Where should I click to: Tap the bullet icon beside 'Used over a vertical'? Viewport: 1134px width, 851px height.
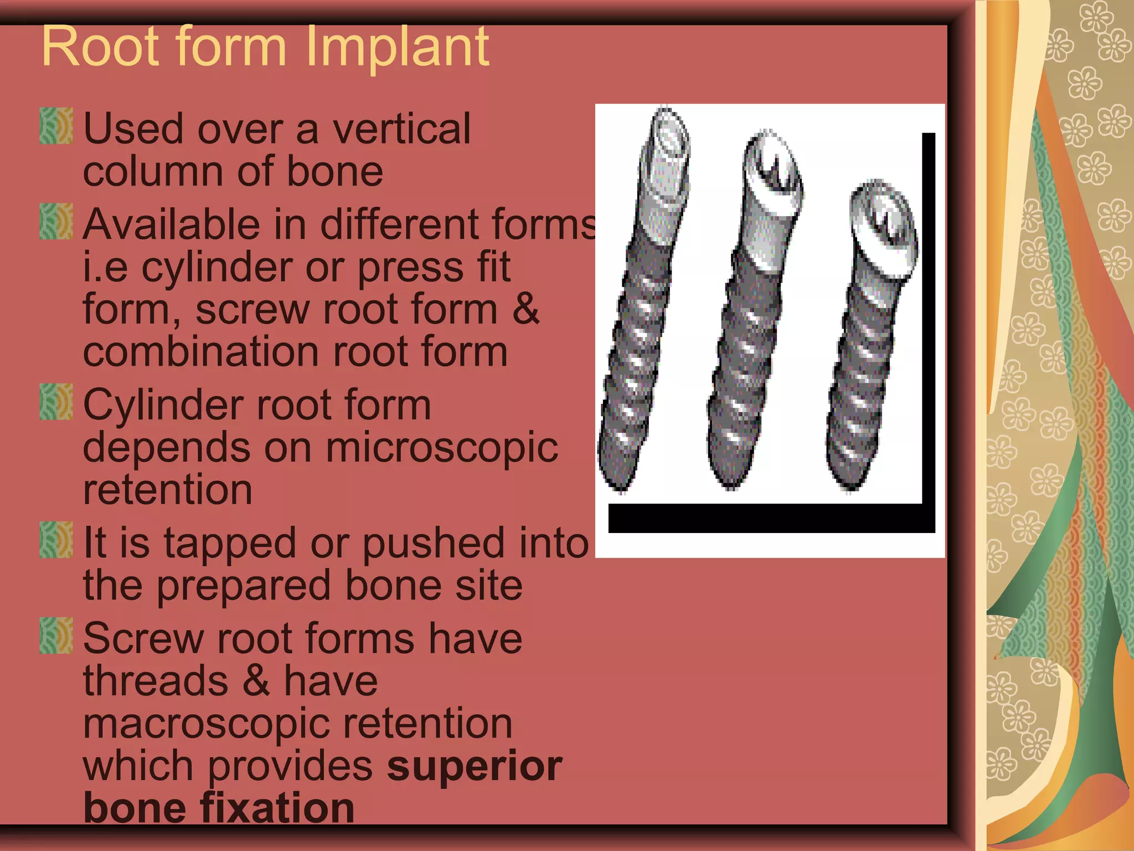coord(56,126)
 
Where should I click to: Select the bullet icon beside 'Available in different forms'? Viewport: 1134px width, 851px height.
coord(56,222)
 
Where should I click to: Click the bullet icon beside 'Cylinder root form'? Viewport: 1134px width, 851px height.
coord(56,402)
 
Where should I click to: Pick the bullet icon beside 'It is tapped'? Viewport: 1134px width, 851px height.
coord(56,540)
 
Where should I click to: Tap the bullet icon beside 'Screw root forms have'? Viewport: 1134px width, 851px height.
coord(56,635)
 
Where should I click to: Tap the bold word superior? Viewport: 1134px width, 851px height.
coord(474,766)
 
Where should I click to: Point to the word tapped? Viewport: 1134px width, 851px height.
coord(230,544)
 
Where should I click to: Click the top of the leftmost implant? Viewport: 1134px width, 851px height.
coord(669,133)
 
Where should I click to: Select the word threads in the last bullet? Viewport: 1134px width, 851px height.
coord(156,681)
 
